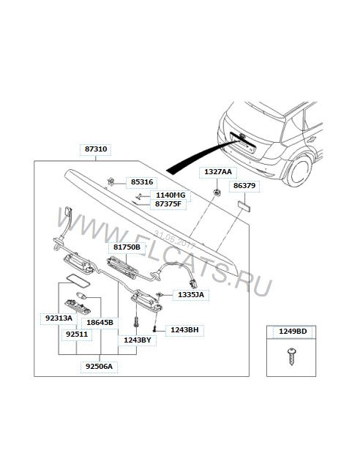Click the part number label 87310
(96, 149)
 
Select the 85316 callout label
(142, 182)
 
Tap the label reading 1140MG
(170, 195)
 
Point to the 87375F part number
(168, 204)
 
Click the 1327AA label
(218, 172)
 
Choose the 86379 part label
(244, 185)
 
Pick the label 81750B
(127, 247)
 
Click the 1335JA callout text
(191, 294)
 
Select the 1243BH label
(184, 330)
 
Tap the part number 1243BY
(138, 340)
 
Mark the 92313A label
(59, 318)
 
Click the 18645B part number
(100, 323)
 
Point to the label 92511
(77, 334)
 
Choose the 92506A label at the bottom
(99, 366)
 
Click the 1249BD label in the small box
(293, 332)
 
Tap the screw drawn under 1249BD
(291, 356)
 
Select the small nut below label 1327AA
(217, 192)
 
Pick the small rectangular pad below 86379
(244, 206)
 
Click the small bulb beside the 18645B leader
(81, 296)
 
